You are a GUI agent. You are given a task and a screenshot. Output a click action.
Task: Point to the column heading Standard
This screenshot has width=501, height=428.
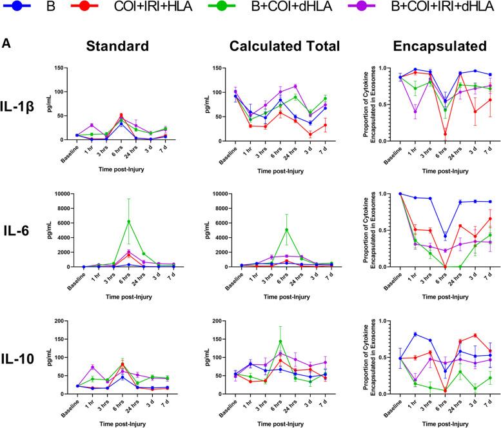click(x=125, y=46)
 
